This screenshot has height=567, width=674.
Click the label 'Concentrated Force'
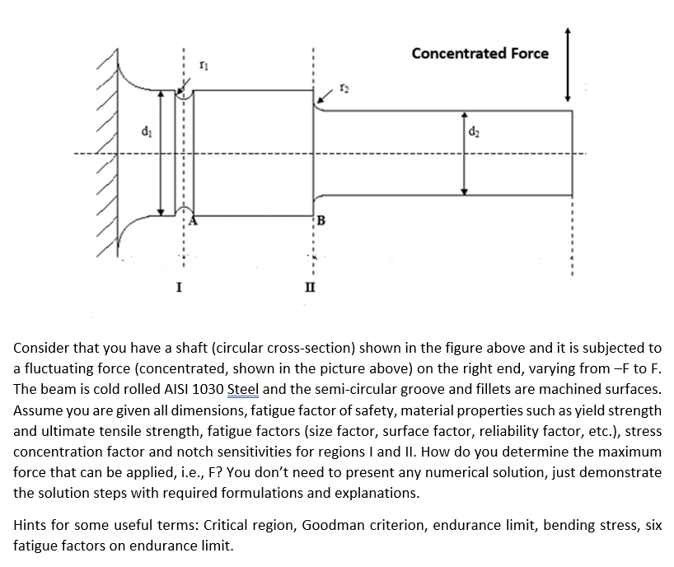(x=480, y=54)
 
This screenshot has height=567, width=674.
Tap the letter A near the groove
(x=194, y=221)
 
